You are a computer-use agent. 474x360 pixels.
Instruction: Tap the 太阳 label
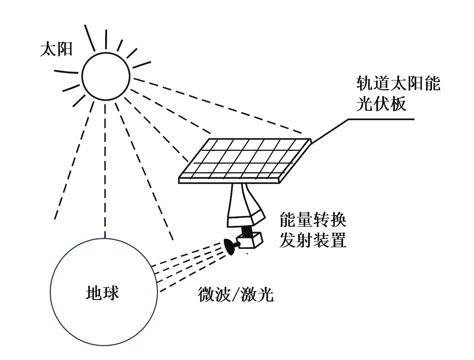(x=56, y=50)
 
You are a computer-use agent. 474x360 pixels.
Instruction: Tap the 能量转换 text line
(x=312, y=221)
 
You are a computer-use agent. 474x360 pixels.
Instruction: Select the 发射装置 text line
(x=312, y=239)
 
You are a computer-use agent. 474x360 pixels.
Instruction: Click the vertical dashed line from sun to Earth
(x=106, y=169)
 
